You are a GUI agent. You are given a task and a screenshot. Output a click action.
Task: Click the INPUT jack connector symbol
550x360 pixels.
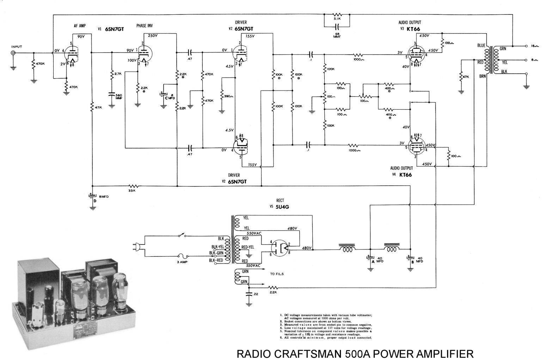coord(13,53)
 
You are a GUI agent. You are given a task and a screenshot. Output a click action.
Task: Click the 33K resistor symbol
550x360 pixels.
coord(133,186)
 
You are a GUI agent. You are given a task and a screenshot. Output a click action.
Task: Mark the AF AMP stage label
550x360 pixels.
coord(80,26)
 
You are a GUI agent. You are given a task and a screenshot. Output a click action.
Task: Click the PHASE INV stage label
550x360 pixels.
coord(145,26)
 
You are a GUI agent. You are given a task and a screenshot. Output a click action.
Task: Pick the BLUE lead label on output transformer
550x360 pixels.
coord(481,45)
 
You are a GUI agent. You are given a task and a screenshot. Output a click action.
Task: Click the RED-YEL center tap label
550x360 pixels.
coord(248,247)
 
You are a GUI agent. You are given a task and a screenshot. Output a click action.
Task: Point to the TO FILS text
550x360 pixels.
coord(277,274)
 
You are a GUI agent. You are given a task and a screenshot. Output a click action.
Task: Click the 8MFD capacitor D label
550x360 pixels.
coord(102,197)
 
